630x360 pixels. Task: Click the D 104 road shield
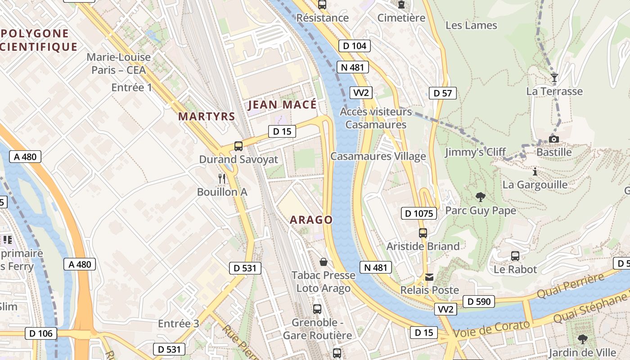coord(354,45)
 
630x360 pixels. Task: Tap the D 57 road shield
coord(442,93)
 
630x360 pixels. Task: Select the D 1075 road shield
coord(418,213)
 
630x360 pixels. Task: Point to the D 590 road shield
coord(478,301)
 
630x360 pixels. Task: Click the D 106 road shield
coord(41,333)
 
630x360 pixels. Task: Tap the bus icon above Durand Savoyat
coord(238,146)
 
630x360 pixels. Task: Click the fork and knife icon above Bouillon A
coord(222,179)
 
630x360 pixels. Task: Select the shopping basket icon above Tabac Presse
coord(323,262)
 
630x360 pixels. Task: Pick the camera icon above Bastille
coord(554,139)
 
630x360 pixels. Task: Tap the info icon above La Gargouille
coord(535,171)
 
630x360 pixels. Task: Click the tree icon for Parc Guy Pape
coord(480,197)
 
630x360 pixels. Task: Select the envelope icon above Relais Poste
coord(429,277)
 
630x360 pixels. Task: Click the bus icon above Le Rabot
coord(515,256)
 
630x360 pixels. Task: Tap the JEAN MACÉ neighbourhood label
coord(282,105)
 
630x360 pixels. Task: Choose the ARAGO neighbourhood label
coord(311,220)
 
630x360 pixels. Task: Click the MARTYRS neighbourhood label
coord(207,116)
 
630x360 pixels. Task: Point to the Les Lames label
coord(471,25)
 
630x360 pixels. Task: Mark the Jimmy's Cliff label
coord(476,152)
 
